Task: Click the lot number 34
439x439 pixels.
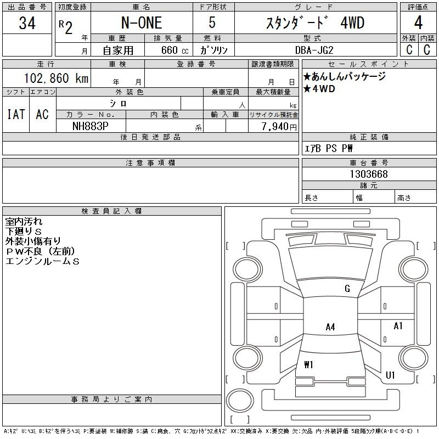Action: tap(27, 23)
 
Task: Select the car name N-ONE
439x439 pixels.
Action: tap(142, 23)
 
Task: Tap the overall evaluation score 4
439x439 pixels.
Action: tap(418, 22)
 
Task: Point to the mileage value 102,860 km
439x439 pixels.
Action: tap(57, 78)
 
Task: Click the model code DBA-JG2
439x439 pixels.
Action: tap(314, 50)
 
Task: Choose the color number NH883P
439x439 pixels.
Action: tap(90, 126)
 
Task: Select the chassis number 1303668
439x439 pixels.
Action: tap(369, 174)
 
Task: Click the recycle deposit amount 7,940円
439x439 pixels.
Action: tap(279, 127)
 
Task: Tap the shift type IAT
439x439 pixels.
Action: tap(16, 114)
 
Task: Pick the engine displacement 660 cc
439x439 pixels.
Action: tap(175, 50)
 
